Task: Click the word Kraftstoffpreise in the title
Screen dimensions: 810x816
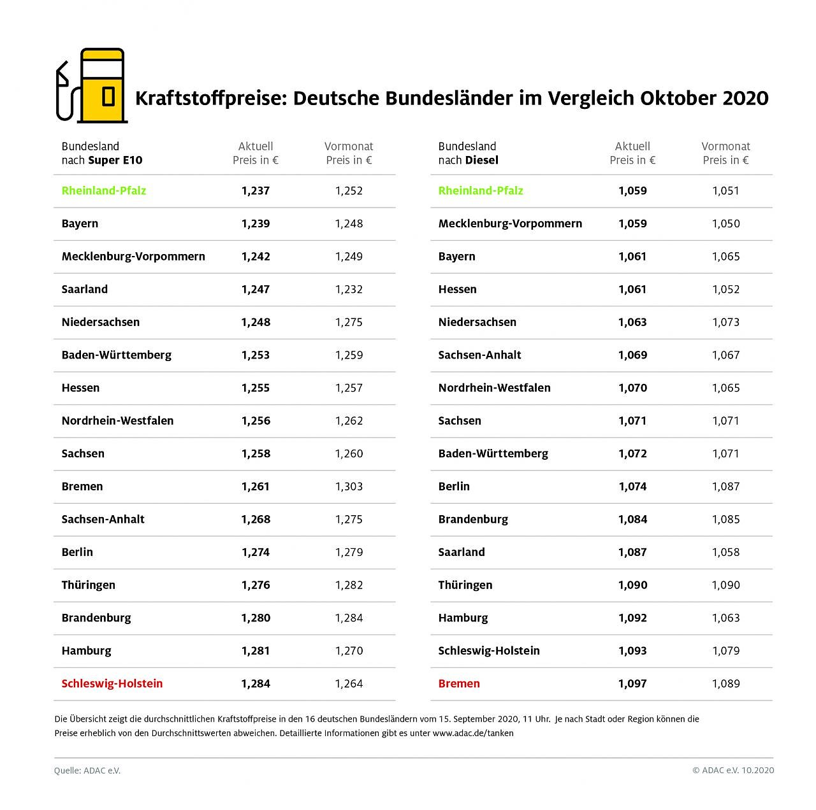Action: point(208,99)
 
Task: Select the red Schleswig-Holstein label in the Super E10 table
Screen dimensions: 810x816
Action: point(112,683)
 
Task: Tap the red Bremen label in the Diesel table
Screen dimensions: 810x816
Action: point(459,683)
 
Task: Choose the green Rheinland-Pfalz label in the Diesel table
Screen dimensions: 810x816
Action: point(481,190)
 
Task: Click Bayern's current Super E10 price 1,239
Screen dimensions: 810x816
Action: point(256,224)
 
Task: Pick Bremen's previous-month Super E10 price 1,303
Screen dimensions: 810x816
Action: point(349,487)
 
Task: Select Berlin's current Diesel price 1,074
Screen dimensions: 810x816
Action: point(632,487)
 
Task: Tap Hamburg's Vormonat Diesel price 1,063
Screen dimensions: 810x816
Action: point(725,618)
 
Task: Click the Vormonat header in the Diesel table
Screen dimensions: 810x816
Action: point(725,146)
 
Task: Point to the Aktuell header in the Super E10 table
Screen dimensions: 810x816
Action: point(256,146)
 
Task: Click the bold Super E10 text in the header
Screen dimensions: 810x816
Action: point(115,160)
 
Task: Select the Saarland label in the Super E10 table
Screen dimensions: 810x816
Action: point(85,289)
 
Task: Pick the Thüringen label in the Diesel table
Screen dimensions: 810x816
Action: point(465,585)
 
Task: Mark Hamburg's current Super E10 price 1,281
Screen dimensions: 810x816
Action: point(256,651)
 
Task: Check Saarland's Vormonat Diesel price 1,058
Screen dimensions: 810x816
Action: point(725,552)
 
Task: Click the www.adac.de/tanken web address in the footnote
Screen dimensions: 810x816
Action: point(473,733)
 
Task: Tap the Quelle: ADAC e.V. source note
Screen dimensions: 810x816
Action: point(87,771)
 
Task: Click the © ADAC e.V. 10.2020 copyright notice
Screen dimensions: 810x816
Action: point(733,771)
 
